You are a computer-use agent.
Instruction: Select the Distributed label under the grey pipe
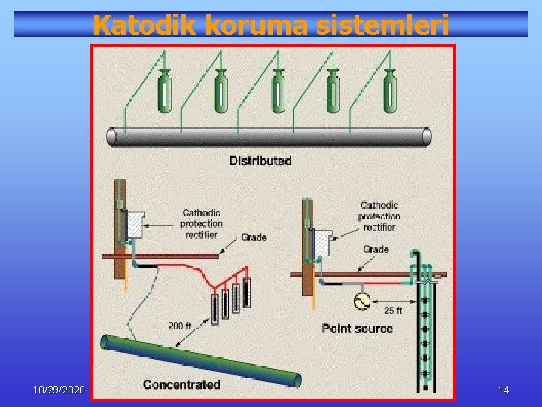coord(260,161)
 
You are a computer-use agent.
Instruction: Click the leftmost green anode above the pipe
coord(163,90)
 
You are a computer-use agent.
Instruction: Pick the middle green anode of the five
coord(278,90)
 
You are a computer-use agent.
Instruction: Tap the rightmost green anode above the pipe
coord(389,90)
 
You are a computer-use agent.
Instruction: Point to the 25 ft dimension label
coord(394,311)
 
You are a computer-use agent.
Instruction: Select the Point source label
coord(357,329)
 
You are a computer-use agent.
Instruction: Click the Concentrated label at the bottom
coord(181,384)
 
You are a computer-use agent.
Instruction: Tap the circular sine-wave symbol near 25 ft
coord(361,301)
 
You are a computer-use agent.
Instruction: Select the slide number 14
coord(504,390)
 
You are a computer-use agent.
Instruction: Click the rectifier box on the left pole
coord(136,224)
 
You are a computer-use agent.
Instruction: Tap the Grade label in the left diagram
coord(254,237)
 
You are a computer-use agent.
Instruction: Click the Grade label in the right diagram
coord(376,249)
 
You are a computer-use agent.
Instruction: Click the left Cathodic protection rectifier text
coord(201,223)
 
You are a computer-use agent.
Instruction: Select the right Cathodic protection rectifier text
coord(380,216)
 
